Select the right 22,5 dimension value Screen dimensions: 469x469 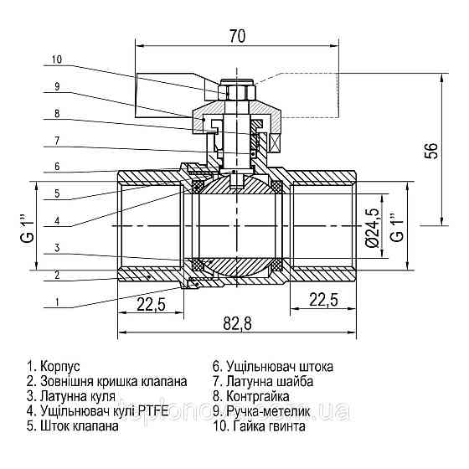click(323, 299)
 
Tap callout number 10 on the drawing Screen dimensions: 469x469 click(56, 59)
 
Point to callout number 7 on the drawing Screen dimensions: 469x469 click(56, 140)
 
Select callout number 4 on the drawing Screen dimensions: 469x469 click(56, 220)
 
